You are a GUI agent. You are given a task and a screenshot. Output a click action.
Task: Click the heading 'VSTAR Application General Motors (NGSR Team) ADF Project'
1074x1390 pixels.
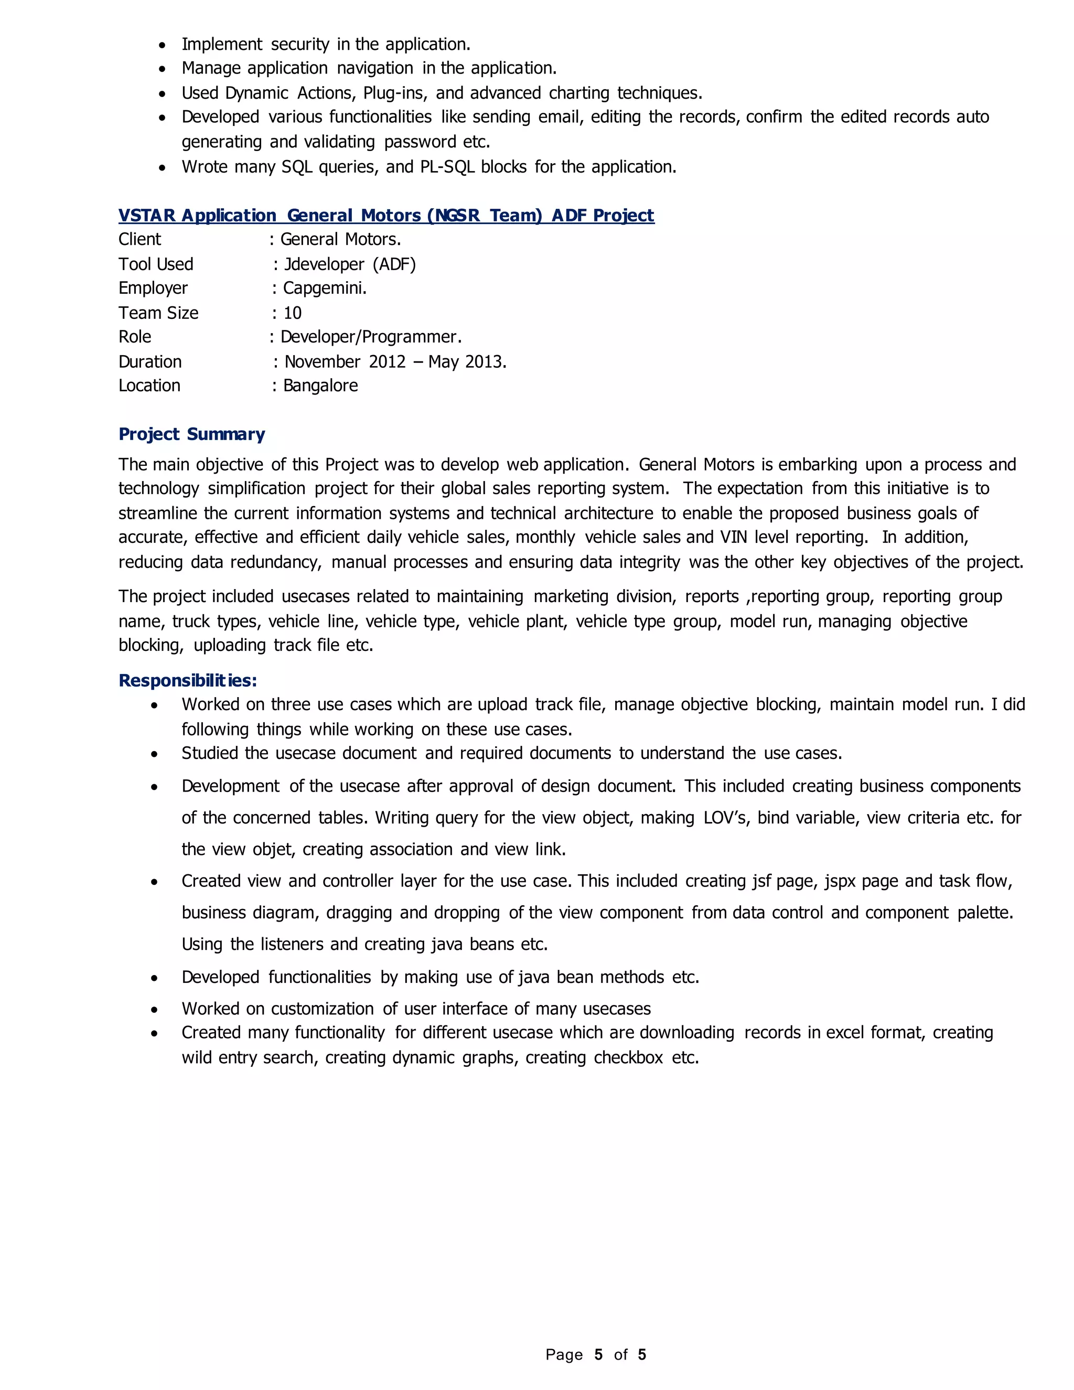385,215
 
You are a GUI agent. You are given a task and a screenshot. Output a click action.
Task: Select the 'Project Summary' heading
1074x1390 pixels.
191,434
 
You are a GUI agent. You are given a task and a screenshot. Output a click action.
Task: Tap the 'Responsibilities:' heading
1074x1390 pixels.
188,680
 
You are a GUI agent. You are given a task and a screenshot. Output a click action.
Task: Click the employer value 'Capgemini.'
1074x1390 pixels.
325,288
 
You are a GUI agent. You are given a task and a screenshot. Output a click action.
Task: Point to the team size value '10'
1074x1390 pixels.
292,313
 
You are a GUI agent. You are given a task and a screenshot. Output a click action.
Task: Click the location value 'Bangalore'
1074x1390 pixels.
320,386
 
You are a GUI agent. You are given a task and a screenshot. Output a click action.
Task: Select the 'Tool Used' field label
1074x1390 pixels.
156,264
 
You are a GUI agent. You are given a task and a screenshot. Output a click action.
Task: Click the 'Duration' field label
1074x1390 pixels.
150,361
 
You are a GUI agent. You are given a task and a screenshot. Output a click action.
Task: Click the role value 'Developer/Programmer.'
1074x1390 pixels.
371,337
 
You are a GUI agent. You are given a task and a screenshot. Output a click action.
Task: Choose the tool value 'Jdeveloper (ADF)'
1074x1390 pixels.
349,264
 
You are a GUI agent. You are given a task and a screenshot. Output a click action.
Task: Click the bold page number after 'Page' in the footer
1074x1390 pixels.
598,1354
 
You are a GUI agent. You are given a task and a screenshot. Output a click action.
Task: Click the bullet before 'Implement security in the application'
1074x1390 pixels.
163,45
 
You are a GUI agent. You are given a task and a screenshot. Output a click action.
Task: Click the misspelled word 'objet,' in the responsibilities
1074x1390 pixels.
274,850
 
